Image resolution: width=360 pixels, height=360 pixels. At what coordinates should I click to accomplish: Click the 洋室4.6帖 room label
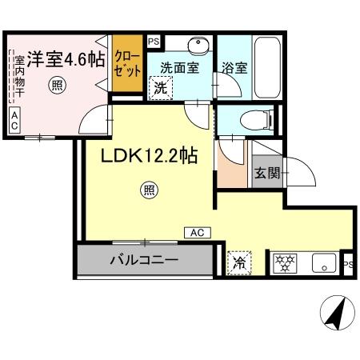(66, 59)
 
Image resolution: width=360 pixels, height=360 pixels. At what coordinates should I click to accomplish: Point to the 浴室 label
(235, 69)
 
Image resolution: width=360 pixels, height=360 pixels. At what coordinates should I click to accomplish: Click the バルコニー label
(145, 260)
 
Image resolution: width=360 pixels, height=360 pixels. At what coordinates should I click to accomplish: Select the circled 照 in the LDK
(149, 190)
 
